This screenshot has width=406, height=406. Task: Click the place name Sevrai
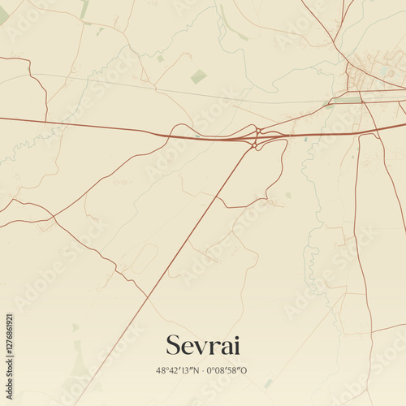[202, 344]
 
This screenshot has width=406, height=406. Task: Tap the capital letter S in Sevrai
[173, 344]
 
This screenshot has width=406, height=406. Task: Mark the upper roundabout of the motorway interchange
[258, 131]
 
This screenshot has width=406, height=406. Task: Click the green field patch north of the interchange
[198, 76]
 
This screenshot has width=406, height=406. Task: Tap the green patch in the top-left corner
[3, 15]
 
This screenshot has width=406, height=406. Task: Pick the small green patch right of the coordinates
[268, 382]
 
